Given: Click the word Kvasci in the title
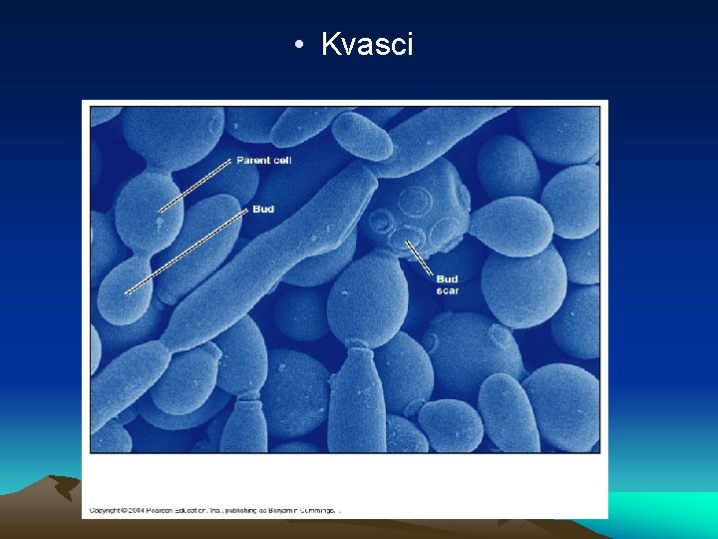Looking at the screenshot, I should [367, 44].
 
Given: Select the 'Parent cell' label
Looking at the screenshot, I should [263, 160].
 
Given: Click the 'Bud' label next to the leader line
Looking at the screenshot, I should [263, 210].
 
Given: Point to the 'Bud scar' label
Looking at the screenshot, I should [447, 284].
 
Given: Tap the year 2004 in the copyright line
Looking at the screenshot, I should [142, 510].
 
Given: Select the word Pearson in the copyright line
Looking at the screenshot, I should [167, 510].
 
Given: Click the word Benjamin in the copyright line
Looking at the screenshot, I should [282, 510].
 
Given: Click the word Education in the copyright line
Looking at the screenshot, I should [198, 510].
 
